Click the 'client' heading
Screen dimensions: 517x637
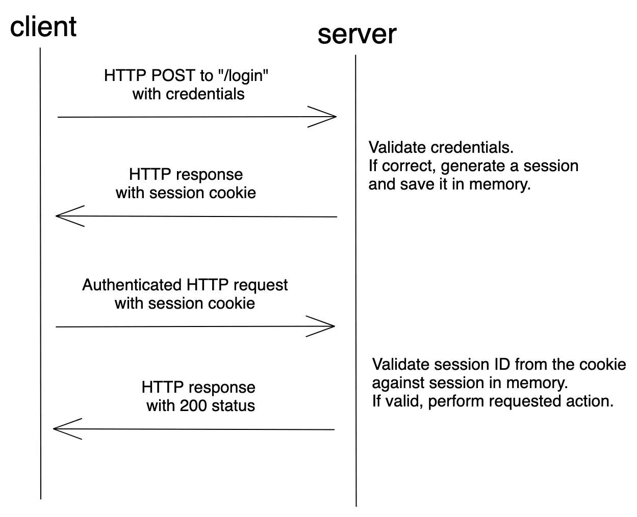click(43, 26)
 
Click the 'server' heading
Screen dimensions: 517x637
click(356, 34)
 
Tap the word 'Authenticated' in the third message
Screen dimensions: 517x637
click(132, 285)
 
